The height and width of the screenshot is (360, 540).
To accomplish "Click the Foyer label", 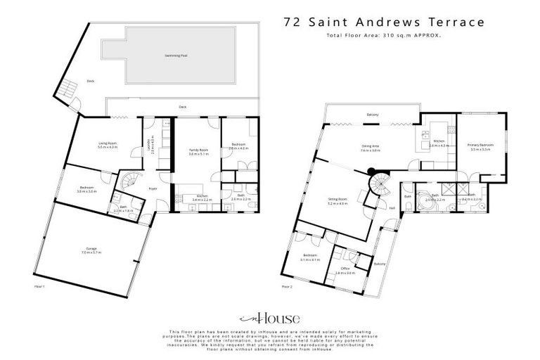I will (152, 189).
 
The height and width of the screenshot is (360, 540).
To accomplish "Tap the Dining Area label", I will (371, 146).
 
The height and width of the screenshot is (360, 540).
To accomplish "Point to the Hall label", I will (391, 207).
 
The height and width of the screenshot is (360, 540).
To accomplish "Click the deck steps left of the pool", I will (65, 89).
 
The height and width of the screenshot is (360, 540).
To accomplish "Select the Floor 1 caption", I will (39, 286).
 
